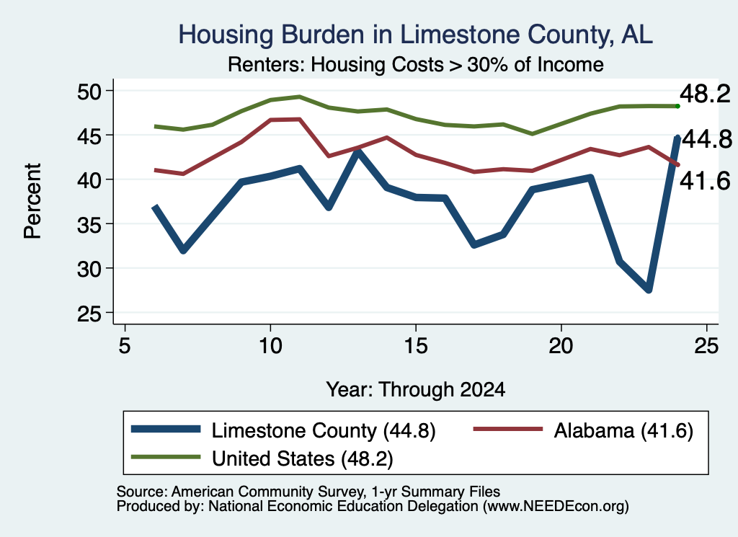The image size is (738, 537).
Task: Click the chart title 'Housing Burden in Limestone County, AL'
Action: pyautogui.click(x=416, y=35)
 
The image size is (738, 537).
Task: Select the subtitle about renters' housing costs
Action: pyautogui.click(x=416, y=64)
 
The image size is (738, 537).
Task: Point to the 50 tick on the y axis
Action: pyautogui.click(x=89, y=92)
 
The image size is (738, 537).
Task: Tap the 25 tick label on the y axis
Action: pyautogui.click(x=89, y=314)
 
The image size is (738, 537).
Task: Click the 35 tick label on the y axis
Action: pyautogui.click(x=89, y=224)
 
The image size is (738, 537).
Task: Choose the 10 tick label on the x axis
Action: pyautogui.click(x=270, y=346)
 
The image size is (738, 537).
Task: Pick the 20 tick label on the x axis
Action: pyautogui.click(x=561, y=346)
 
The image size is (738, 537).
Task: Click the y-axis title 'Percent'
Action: pyautogui.click(x=33, y=201)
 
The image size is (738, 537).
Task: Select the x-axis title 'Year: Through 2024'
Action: pyautogui.click(x=416, y=389)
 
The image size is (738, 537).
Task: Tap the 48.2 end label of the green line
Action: pyautogui.click(x=705, y=94)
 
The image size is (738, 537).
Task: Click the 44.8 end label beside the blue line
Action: pyautogui.click(x=707, y=139)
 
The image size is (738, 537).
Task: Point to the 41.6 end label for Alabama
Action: pyautogui.click(x=705, y=181)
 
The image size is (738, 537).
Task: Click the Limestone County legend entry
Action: pyautogui.click(x=283, y=430)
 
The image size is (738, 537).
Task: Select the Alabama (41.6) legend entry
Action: pyautogui.click(x=583, y=430)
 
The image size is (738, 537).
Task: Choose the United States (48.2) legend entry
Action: pyautogui.click(x=262, y=458)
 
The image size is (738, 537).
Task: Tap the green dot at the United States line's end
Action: pyautogui.click(x=677, y=106)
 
